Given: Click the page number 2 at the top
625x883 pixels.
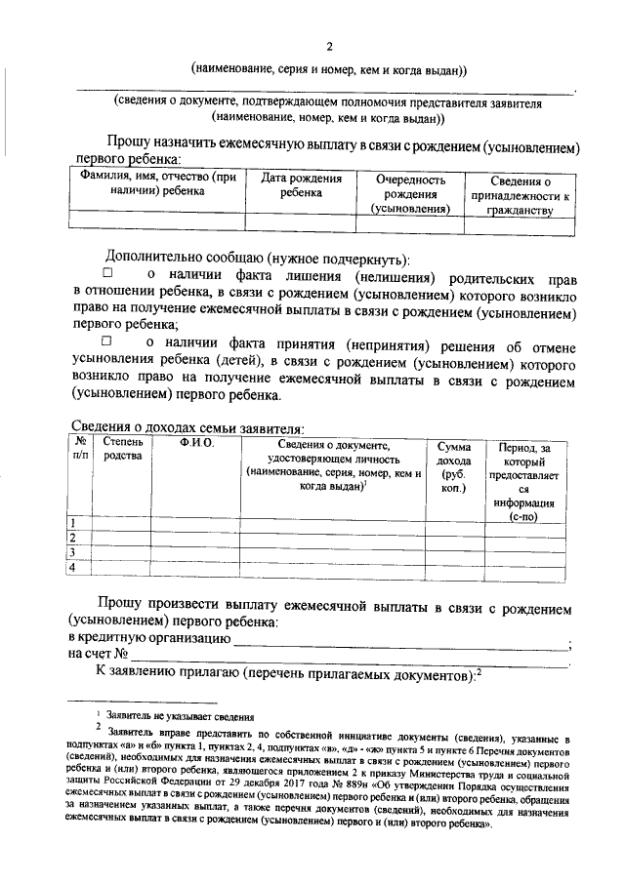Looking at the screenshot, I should (x=329, y=47).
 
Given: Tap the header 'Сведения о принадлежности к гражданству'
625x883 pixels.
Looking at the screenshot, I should (x=520, y=195).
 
